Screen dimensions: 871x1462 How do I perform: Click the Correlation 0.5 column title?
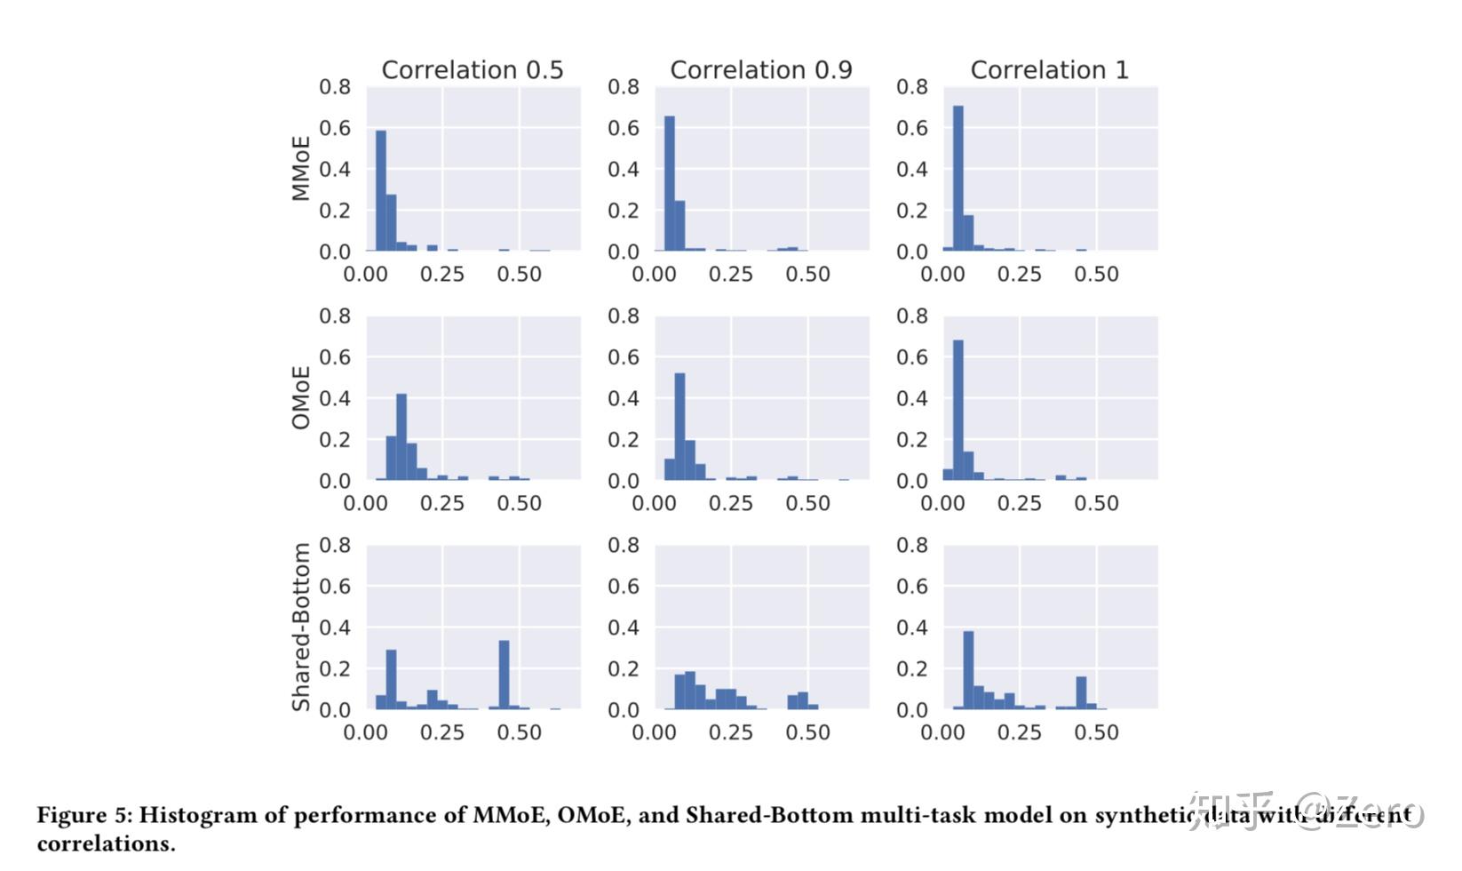(472, 70)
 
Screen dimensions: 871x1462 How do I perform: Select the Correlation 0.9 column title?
(760, 70)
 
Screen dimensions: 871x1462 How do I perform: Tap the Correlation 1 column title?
(1049, 70)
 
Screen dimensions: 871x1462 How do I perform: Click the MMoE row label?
(302, 168)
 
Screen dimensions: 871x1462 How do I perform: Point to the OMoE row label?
(302, 397)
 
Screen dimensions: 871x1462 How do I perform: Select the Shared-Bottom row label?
(302, 627)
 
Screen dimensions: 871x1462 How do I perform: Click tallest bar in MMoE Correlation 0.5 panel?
(381, 191)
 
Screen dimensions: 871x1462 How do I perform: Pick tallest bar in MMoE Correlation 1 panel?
(958, 179)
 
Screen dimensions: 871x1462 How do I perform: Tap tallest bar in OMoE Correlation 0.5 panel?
(401, 436)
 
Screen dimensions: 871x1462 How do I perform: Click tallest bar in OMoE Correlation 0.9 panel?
(680, 427)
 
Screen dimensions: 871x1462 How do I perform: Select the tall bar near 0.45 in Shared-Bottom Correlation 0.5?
(504, 675)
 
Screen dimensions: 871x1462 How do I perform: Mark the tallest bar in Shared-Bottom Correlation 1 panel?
(968, 670)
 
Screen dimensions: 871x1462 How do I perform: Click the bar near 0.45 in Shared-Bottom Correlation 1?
(1081, 692)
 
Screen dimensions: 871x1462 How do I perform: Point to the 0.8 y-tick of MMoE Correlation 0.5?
(335, 87)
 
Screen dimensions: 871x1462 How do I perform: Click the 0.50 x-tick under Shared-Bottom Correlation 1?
(1096, 732)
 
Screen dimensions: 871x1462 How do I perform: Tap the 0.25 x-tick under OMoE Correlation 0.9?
(730, 503)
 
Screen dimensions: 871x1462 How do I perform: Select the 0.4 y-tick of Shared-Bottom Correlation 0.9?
(624, 627)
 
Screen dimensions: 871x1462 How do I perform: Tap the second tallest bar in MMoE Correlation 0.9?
(680, 226)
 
